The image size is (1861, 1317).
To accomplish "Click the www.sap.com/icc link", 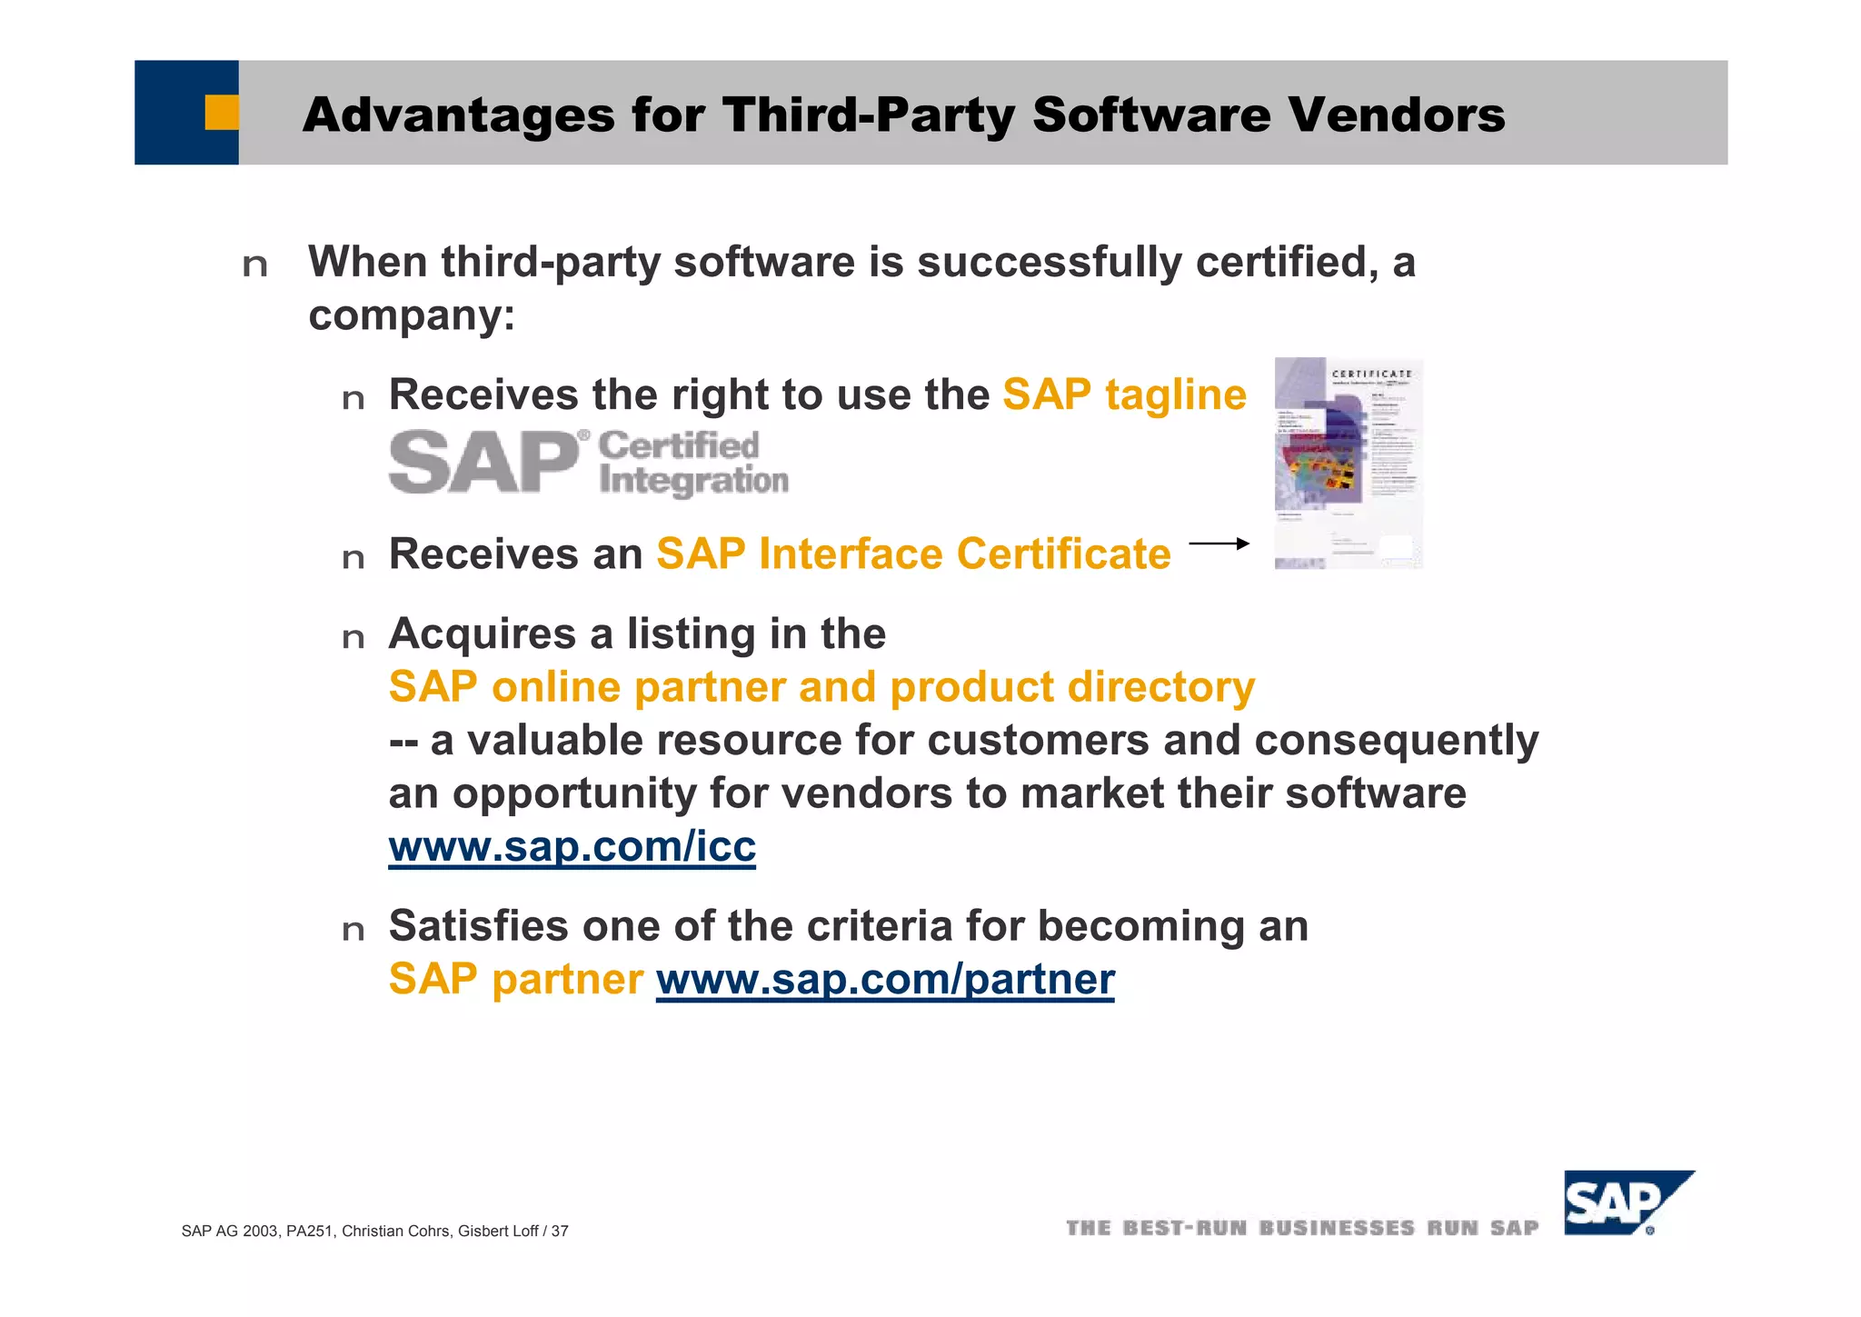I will (572, 846).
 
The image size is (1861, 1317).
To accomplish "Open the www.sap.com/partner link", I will (884, 980).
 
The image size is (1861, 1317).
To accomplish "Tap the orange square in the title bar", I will (221, 113).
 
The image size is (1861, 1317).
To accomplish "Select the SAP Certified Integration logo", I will (588, 463).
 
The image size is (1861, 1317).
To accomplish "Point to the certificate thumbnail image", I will (1348, 463).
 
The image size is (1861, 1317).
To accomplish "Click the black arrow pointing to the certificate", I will (1219, 544).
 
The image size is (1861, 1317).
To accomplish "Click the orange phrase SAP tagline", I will (1124, 394).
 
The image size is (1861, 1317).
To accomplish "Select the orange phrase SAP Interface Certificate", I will (913, 554).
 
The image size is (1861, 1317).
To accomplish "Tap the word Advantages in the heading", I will (459, 115).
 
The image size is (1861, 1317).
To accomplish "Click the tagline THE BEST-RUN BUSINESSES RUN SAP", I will (1301, 1228).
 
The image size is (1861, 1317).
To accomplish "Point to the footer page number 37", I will (560, 1232).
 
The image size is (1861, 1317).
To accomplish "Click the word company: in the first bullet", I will (412, 315).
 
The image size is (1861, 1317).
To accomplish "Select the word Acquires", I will (482, 634).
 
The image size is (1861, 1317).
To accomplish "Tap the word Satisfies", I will (478, 926).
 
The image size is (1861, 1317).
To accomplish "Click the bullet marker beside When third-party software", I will (255, 265).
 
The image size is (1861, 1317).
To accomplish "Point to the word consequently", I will (1396, 740).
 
